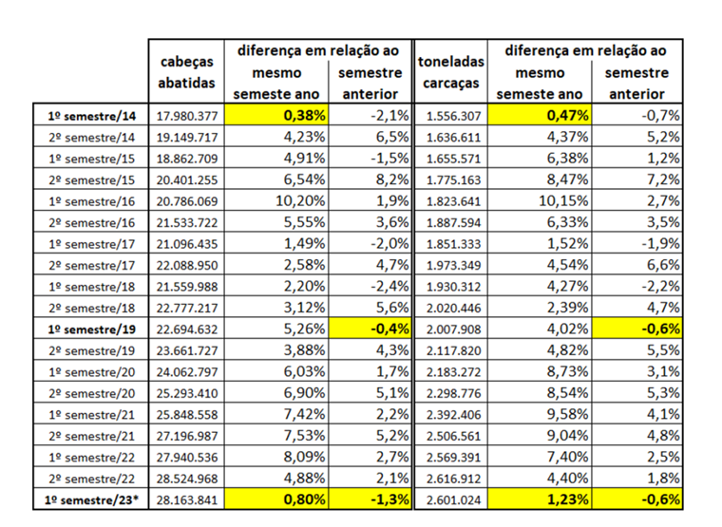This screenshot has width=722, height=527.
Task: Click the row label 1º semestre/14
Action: pyautogui.click(x=90, y=116)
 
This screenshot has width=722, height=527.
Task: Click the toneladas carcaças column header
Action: pyautogui.click(x=451, y=74)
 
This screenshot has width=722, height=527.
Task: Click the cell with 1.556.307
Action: pyautogui.click(x=451, y=116)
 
